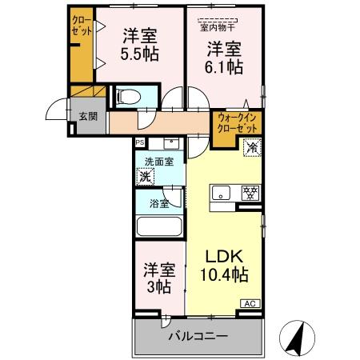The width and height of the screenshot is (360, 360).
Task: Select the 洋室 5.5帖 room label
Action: [140, 46]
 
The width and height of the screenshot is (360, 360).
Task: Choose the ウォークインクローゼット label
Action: [237, 123]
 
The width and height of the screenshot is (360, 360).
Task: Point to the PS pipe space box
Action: [139, 143]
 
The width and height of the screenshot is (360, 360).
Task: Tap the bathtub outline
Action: [160, 226]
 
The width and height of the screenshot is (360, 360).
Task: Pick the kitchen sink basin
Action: [223, 194]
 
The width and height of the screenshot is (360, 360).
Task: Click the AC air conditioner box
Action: [250, 303]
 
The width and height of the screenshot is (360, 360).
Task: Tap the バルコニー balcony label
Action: [197, 337]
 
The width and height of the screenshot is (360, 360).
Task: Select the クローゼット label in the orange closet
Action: [82, 25]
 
